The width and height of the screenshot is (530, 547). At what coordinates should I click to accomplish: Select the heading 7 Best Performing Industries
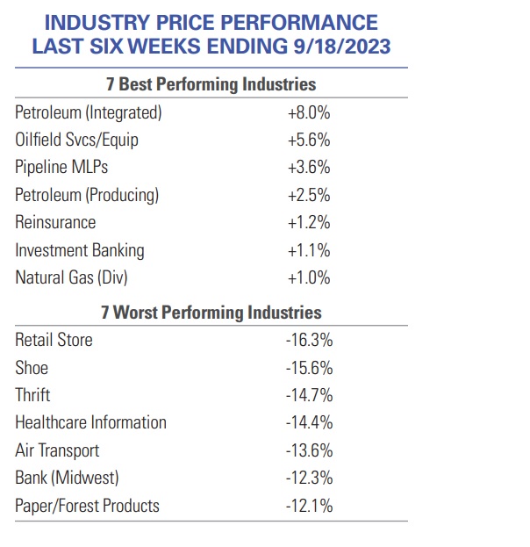[x=211, y=84]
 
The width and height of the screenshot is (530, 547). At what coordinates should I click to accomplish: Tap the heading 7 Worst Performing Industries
[x=211, y=312]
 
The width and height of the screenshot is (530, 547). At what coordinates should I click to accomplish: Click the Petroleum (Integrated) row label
[x=89, y=112]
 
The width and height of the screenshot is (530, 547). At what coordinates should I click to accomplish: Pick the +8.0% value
[x=308, y=112]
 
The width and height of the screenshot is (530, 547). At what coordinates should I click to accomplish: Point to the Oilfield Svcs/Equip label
[x=77, y=140]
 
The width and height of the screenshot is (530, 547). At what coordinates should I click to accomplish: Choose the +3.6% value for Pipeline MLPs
[x=308, y=167]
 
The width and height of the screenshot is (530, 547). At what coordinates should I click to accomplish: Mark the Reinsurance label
[x=55, y=222]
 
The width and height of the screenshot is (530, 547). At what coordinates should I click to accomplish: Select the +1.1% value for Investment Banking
[x=308, y=250]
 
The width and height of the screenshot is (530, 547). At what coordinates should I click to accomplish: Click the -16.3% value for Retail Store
[x=309, y=340]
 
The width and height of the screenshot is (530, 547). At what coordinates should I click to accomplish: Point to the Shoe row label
[x=32, y=367]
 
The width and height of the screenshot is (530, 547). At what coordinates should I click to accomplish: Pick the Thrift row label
[x=33, y=395]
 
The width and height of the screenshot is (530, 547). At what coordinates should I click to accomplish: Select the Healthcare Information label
[x=90, y=422]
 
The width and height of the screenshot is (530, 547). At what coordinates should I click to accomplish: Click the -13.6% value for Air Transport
[x=309, y=450]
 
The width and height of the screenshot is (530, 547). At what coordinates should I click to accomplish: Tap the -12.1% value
[x=309, y=506]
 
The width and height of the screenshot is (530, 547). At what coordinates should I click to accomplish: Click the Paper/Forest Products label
[x=88, y=506]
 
